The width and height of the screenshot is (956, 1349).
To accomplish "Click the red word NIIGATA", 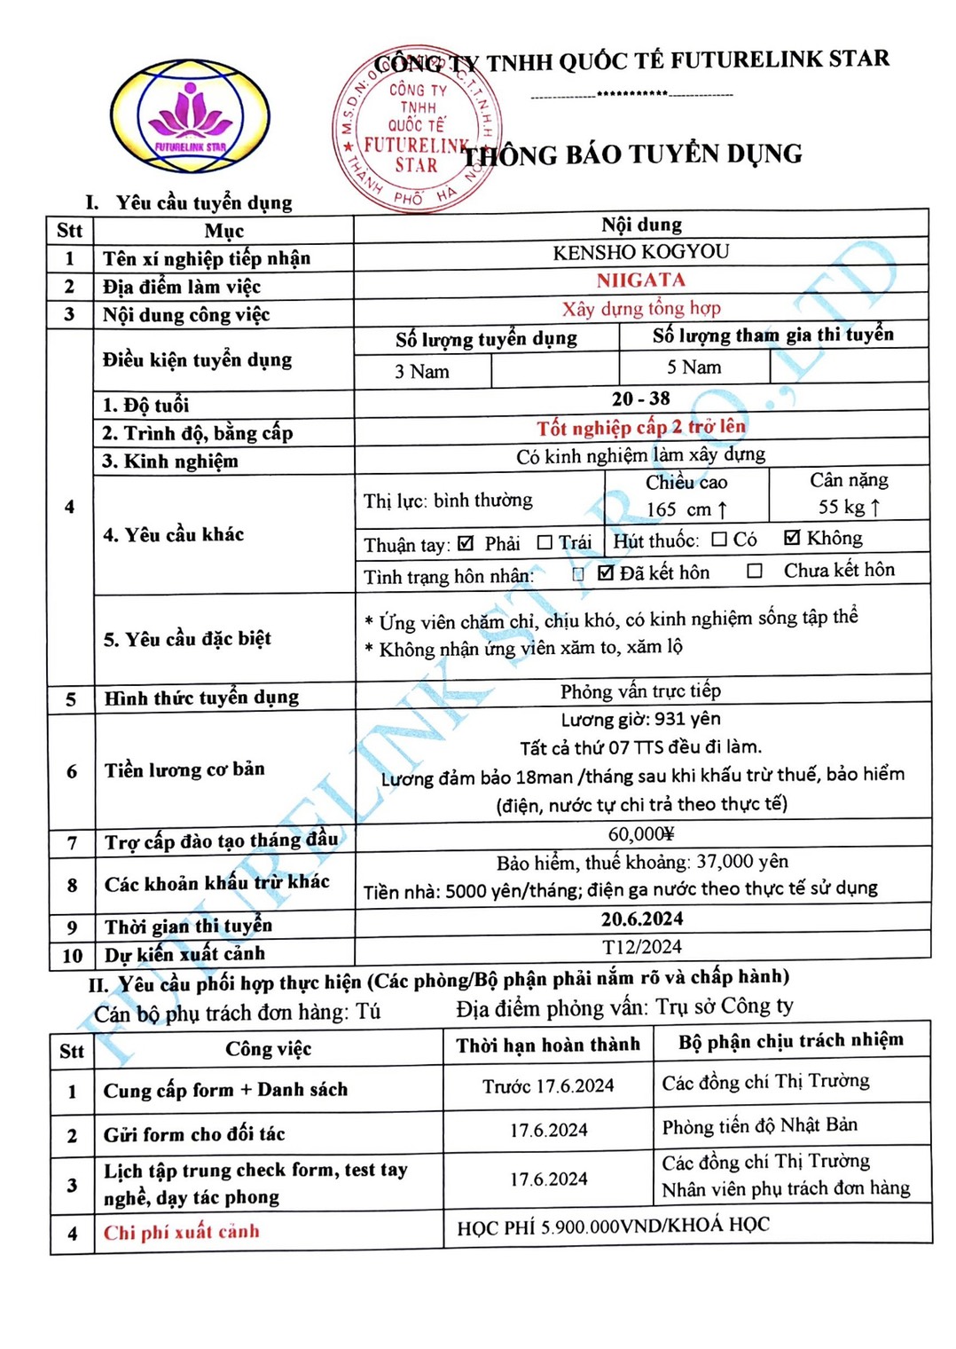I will [x=640, y=280].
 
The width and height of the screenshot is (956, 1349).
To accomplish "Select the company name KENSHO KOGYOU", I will [x=640, y=253].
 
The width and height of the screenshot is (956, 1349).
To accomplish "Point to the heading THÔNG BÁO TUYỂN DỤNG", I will [x=633, y=155].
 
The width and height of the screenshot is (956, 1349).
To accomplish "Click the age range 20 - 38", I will [x=640, y=398].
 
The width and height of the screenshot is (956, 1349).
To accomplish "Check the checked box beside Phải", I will [x=466, y=542].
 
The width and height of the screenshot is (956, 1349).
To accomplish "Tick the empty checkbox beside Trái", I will [x=545, y=542].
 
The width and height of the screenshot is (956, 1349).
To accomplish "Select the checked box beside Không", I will [x=792, y=538].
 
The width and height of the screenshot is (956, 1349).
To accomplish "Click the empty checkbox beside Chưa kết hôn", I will [x=755, y=571].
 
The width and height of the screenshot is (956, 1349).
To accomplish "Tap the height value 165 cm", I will [x=686, y=509].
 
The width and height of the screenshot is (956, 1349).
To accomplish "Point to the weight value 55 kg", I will [x=849, y=507].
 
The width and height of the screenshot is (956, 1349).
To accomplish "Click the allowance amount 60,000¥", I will [x=641, y=833].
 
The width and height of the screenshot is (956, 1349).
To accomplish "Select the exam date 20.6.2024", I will [x=642, y=919].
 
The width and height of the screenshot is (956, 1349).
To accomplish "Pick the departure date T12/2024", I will [x=642, y=947].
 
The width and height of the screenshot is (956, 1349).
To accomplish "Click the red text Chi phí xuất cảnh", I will [x=182, y=1232].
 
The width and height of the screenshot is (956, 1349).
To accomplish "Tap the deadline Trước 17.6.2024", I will [x=548, y=1086].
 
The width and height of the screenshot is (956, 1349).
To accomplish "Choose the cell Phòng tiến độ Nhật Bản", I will [x=759, y=1126].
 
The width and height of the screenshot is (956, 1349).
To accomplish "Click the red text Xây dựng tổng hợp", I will [x=640, y=309].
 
